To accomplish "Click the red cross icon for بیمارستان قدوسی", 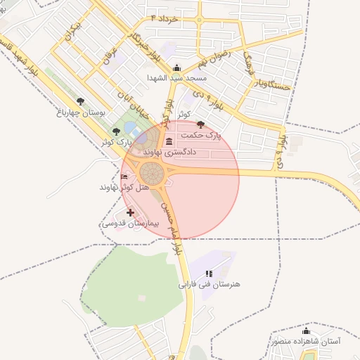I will [x=130, y=212].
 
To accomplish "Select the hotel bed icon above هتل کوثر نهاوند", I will [x=124, y=176].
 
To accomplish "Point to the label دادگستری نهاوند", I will [x=169, y=152].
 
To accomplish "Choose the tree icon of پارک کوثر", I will [x=116, y=131].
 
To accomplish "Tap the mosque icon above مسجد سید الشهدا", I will [x=176, y=67].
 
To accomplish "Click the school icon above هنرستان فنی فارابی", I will [x=208, y=274].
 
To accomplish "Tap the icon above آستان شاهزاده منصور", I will [x=306, y=331].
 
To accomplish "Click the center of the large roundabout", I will [x=151, y=173].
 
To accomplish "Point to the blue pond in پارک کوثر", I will [x=131, y=128].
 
